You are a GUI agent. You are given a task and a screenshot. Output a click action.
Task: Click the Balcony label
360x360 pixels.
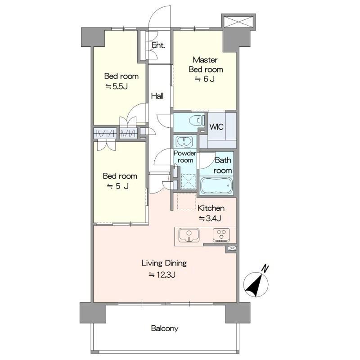(164, 328)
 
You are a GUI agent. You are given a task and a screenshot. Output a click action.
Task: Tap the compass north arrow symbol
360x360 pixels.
(256, 284)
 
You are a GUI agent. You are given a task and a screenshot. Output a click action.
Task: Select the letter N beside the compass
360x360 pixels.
(265, 268)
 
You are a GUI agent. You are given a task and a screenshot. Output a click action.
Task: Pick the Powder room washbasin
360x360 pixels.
(184, 141)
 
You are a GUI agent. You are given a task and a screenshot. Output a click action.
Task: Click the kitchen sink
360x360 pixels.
(189, 235)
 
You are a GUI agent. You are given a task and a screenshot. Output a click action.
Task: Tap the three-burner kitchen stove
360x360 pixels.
(221, 235)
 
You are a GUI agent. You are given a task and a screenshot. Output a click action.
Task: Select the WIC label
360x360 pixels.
(216, 127)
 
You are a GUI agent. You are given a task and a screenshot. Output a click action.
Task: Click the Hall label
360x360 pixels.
(157, 96)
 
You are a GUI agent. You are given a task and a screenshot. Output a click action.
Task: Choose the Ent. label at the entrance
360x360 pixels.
(158, 45)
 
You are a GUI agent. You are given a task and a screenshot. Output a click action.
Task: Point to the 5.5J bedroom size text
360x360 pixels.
(117, 86)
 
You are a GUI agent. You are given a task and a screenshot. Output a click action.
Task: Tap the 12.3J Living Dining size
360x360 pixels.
(162, 274)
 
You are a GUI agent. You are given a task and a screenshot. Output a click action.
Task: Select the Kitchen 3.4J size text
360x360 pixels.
(210, 218)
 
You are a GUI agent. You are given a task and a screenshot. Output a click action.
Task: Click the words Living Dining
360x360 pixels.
(164, 263)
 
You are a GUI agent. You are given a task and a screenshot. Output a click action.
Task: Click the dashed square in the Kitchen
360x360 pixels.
(186, 201)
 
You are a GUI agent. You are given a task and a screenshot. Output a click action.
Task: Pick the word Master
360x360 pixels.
(205, 60)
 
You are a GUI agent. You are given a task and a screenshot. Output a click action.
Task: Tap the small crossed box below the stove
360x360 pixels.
(232, 248)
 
